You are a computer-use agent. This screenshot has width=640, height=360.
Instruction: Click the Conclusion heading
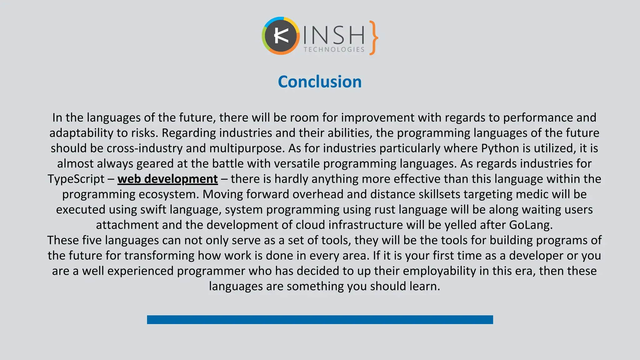320,82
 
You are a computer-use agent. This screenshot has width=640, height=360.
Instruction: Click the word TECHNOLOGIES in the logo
334,50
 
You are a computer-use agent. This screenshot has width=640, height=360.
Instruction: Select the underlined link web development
167,179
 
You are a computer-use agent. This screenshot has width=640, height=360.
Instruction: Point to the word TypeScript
76,179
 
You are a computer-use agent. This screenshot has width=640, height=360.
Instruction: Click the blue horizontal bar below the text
320,320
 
